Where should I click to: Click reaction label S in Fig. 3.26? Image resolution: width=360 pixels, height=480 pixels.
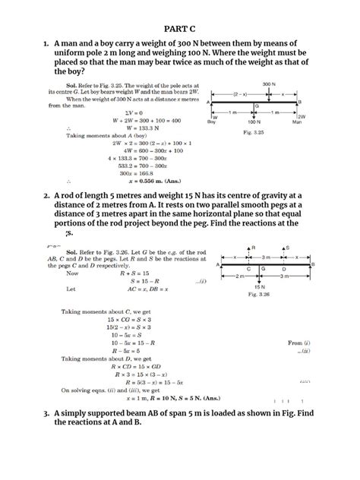[286, 248]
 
